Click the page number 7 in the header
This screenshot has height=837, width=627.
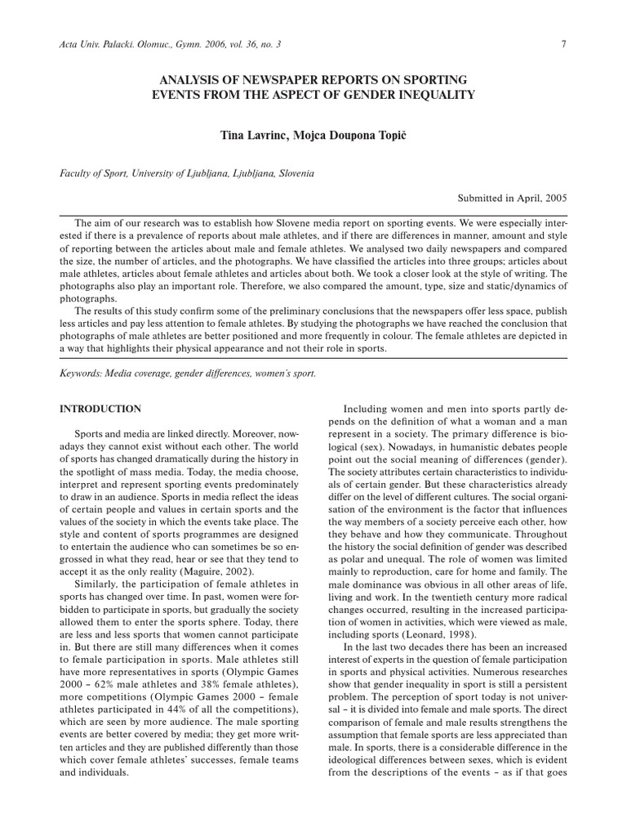[563, 43]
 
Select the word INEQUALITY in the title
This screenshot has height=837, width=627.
[434, 95]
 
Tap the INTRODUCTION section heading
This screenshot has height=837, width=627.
[100, 409]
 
